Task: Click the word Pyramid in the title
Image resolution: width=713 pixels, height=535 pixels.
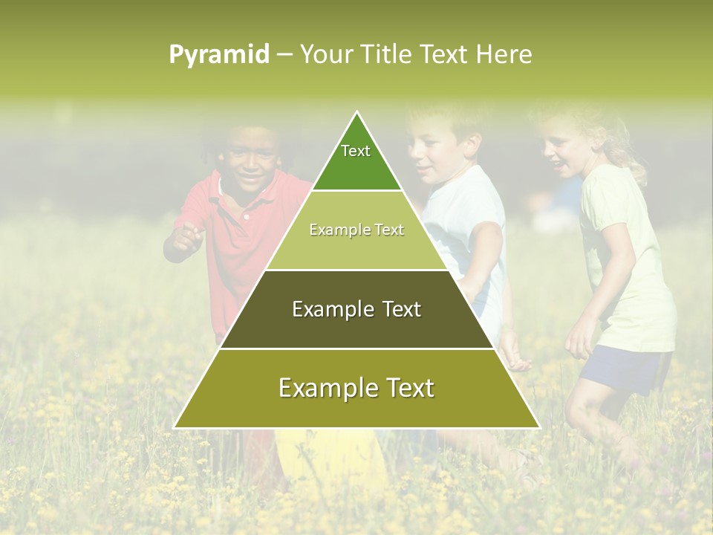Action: [218, 55]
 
